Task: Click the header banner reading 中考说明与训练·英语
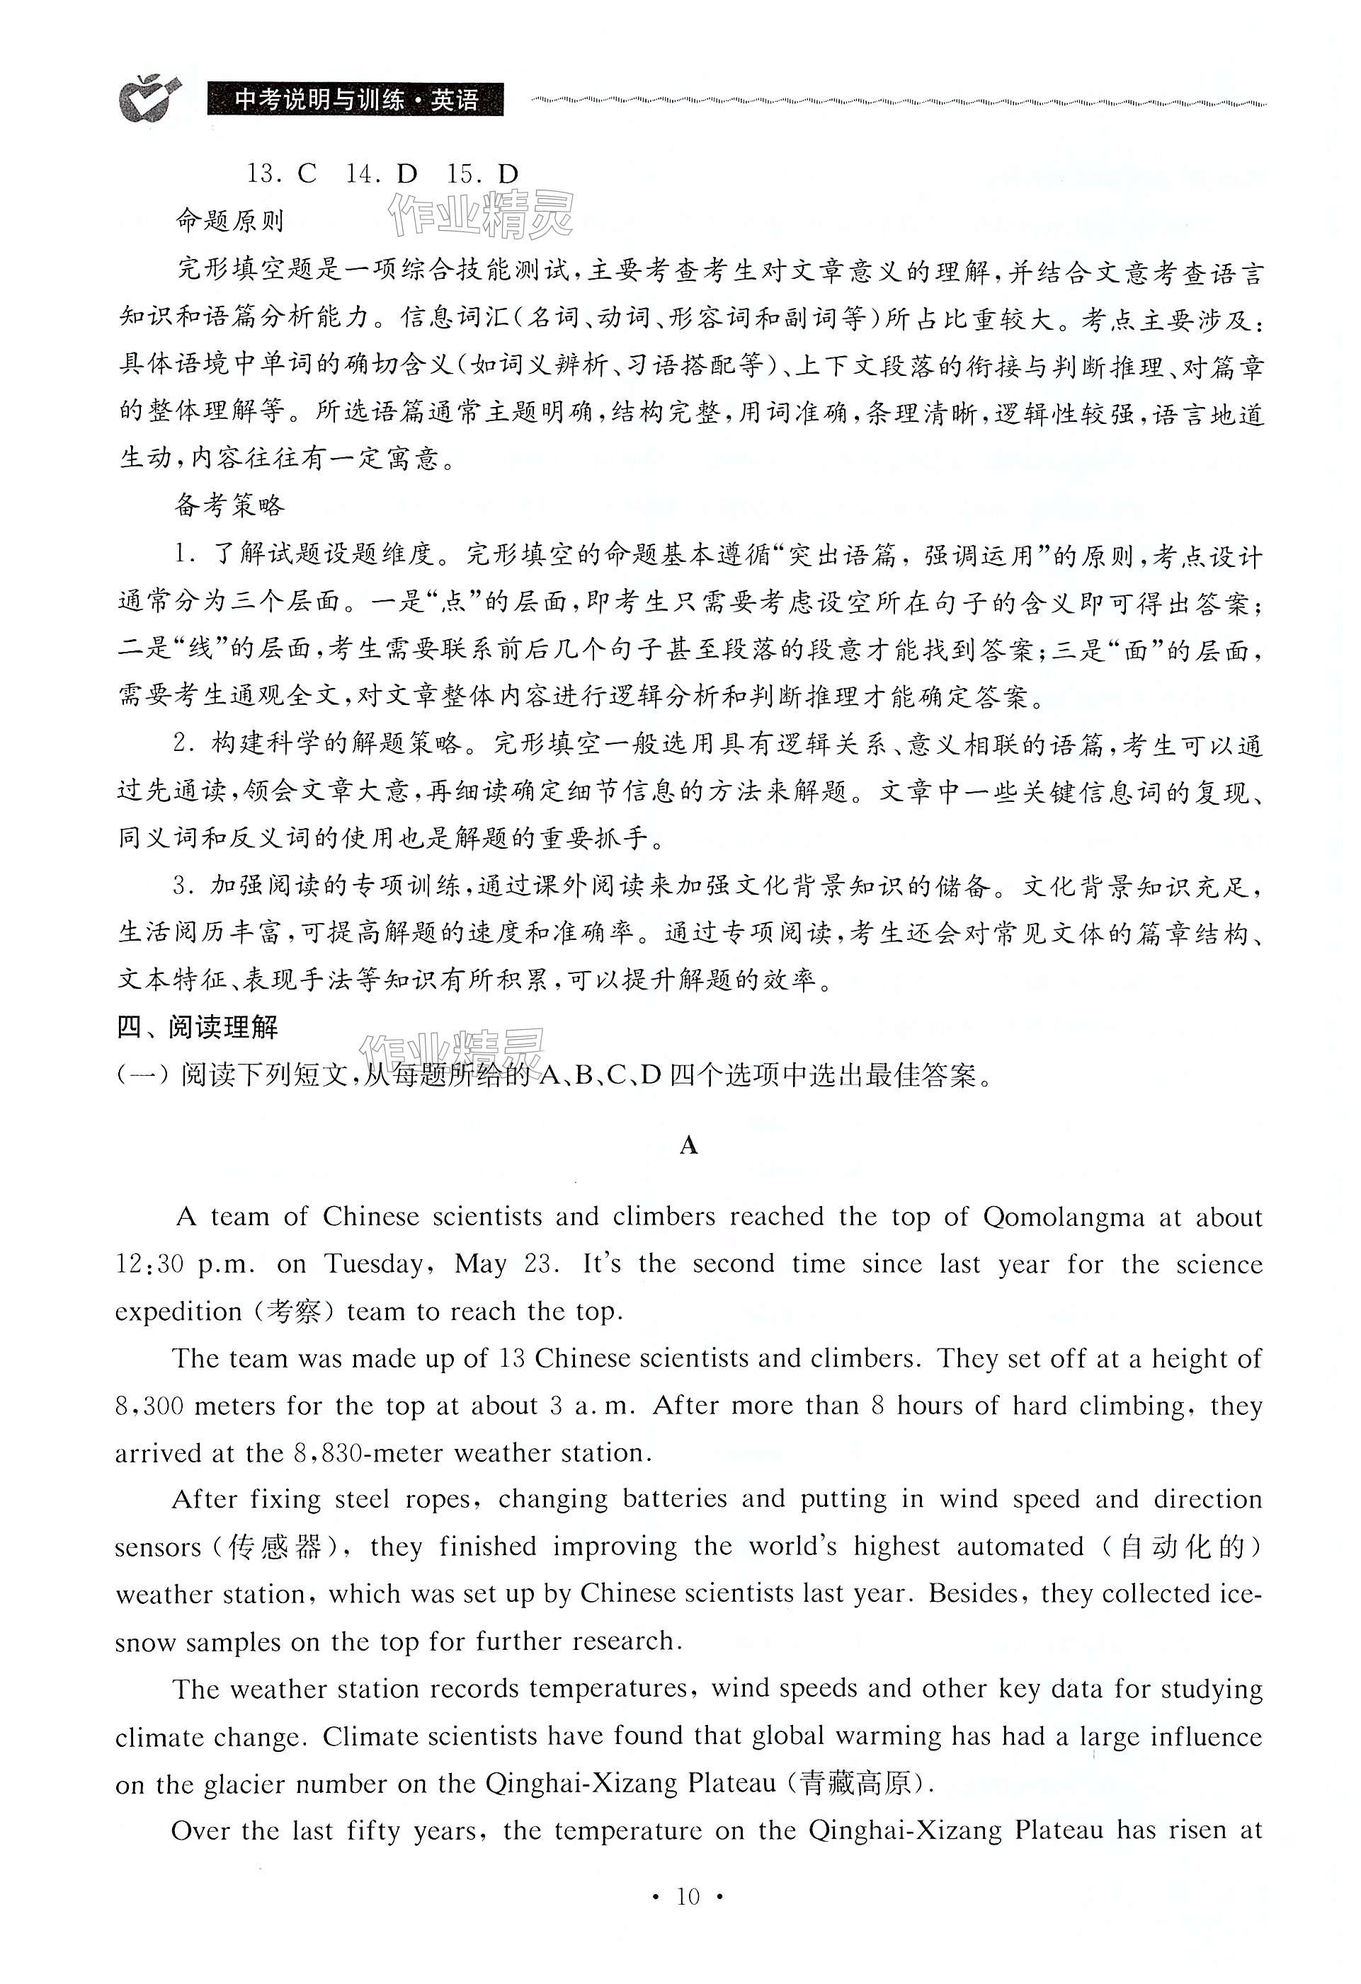click(x=355, y=100)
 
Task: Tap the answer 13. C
click(x=282, y=174)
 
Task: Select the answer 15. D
click(x=482, y=174)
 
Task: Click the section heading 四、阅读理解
click(x=198, y=1026)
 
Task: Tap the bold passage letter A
click(x=689, y=1146)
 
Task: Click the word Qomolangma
click(x=1063, y=1217)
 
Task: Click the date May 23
click(x=506, y=1264)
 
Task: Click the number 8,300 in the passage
click(x=149, y=1406)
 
